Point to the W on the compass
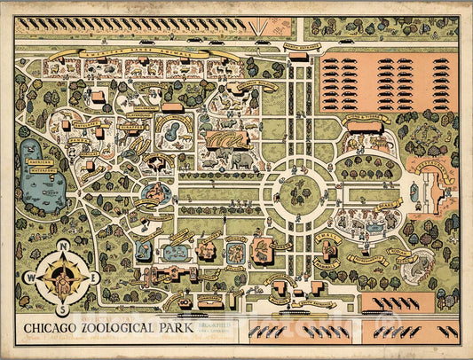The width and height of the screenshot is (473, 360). pyautogui.click(x=28, y=277)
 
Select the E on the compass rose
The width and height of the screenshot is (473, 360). pyautogui.click(x=95, y=277)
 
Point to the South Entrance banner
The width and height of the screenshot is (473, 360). pyautogui.click(x=303, y=304)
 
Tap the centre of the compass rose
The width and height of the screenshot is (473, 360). pyautogui.click(x=61, y=277)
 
